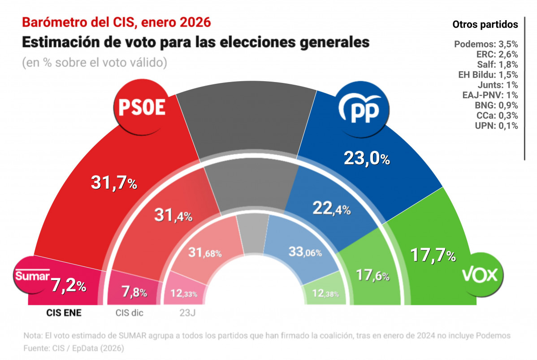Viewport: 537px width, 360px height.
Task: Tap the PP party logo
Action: click(x=361, y=108)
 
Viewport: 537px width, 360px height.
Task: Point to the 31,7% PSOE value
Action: click(x=114, y=182)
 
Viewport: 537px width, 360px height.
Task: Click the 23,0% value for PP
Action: click(x=367, y=158)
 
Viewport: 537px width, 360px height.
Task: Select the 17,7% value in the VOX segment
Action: click(x=433, y=256)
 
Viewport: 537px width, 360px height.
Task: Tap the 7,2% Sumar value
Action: click(x=67, y=285)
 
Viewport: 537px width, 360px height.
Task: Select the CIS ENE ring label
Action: click(x=64, y=313)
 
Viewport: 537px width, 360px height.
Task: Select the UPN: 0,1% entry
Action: click(x=496, y=126)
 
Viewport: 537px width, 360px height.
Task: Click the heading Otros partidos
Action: click(x=485, y=24)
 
